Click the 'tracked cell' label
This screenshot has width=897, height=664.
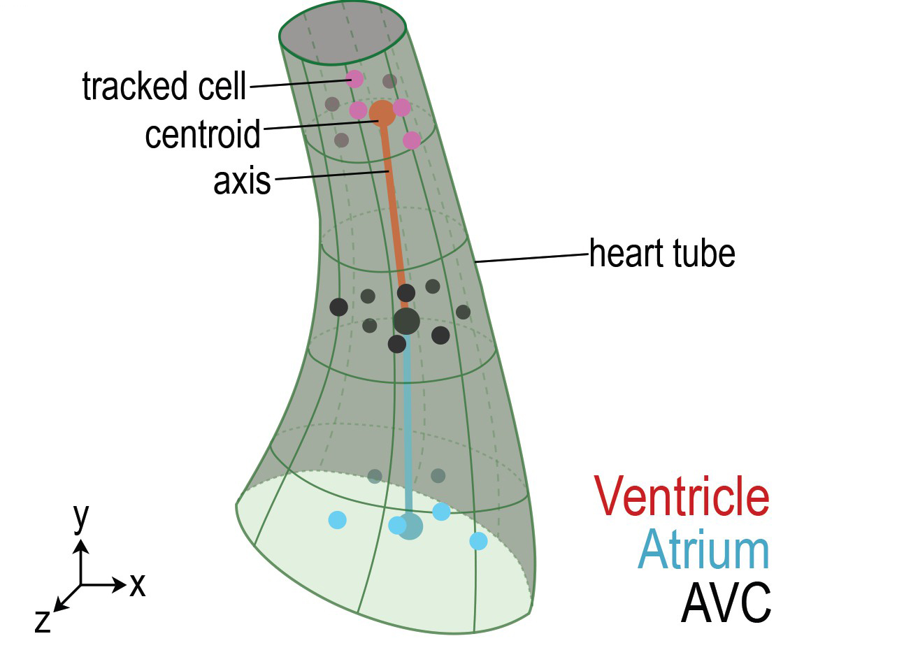coord(164,87)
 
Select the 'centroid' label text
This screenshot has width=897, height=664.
coord(203,133)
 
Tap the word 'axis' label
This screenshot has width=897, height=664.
coord(242,181)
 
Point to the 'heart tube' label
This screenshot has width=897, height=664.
coord(661,253)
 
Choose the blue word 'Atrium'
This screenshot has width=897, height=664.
coord(703,550)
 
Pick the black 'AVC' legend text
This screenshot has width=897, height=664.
coord(726,603)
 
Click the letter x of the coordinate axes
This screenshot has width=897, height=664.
coord(138,585)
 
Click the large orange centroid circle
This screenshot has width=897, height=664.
coord(382,113)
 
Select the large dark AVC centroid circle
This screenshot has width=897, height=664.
coord(406,322)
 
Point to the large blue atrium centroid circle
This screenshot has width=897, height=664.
coord(410,526)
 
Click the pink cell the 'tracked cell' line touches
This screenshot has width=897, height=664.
coord(354,79)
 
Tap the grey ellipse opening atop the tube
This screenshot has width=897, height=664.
coord(343,34)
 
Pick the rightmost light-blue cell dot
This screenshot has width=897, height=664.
coord(478,541)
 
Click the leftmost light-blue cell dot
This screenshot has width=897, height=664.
coord(337,520)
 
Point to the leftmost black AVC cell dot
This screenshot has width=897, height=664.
coord(338,307)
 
